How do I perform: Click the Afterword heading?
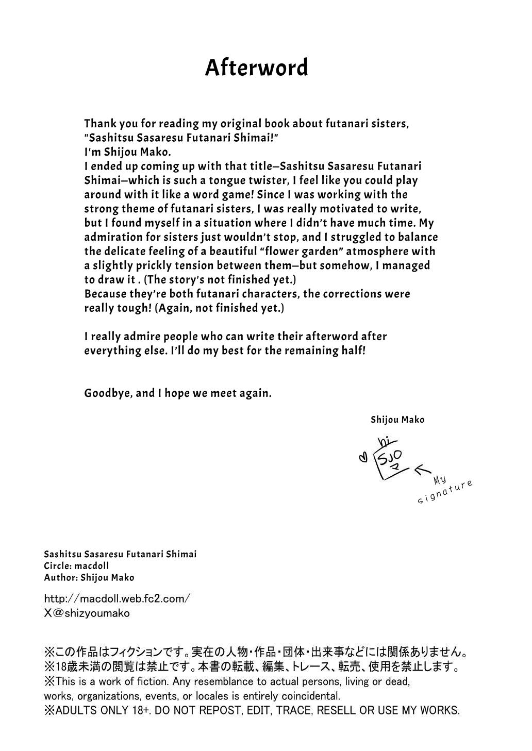click(256, 68)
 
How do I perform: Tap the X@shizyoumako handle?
click(87, 613)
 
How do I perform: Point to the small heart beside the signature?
click(362, 457)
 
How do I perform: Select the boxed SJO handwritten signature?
click(393, 459)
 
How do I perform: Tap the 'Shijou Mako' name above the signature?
click(397, 420)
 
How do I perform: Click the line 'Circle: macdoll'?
click(76, 565)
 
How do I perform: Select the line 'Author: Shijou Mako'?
click(89, 577)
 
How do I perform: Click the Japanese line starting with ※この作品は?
click(256, 653)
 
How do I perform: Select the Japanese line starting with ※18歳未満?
click(252, 667)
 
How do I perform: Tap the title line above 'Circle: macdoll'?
click(120, 554)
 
